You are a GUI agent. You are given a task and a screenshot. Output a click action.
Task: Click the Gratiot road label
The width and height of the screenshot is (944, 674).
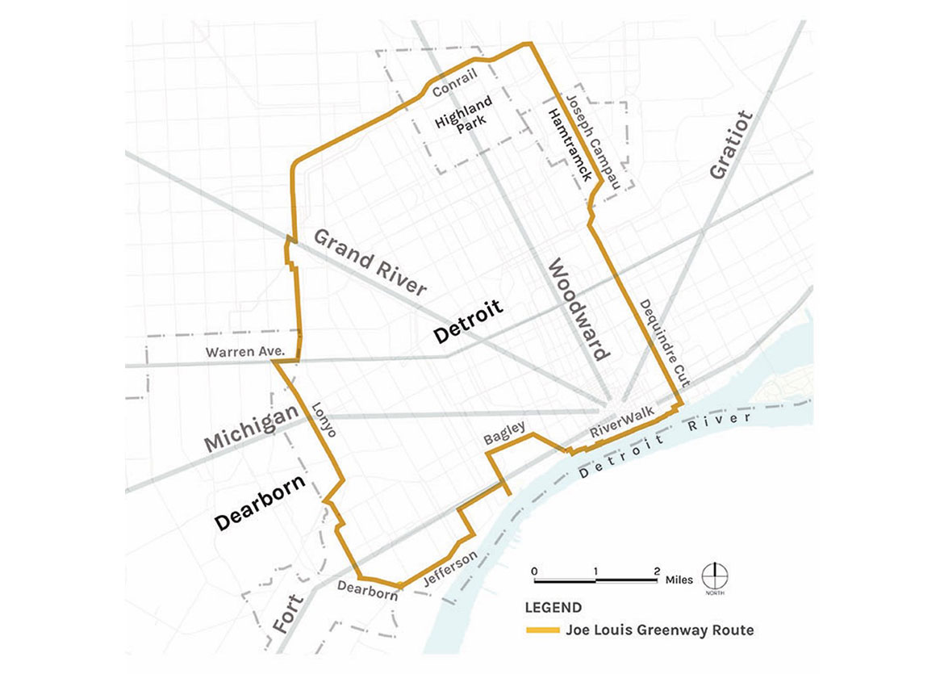point(731,145)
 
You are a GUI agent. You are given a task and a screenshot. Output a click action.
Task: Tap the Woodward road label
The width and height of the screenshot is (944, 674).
point(579,309)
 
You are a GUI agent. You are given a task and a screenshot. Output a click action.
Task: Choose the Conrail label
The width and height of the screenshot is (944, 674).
point(455,86)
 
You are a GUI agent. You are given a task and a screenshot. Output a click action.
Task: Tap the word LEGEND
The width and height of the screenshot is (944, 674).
point(552,608)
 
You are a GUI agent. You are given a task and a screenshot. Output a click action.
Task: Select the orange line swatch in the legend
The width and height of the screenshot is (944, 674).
point(541,630)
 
